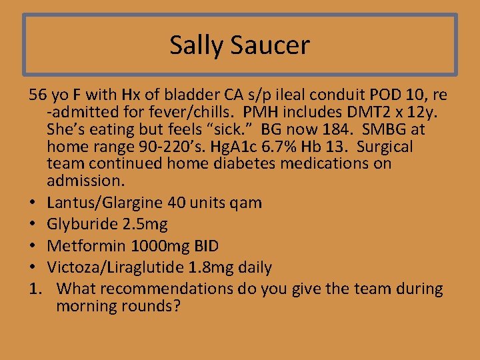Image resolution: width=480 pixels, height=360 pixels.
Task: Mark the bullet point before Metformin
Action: pos(33,245)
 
